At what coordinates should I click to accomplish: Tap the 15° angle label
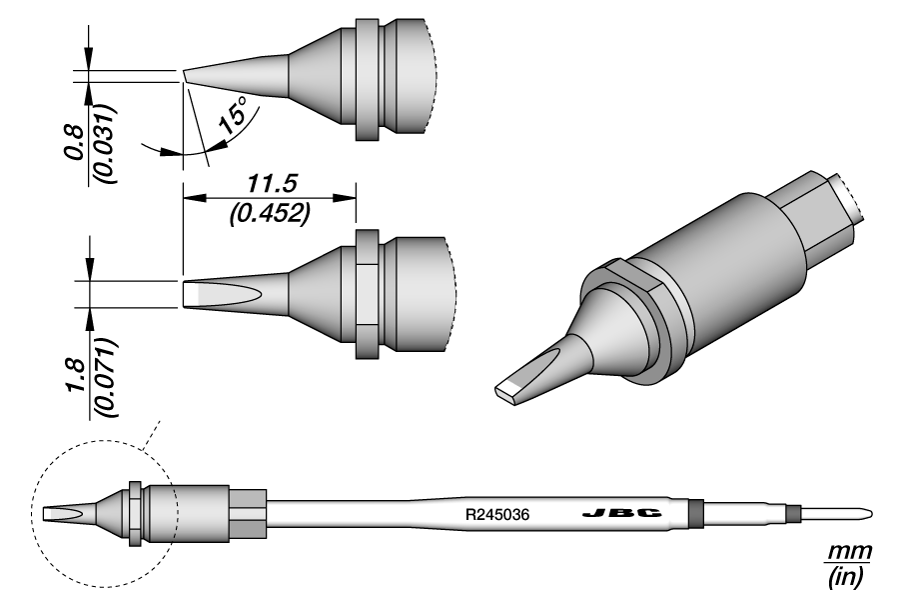[232, 118]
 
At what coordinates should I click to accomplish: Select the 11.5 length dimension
[268, 183]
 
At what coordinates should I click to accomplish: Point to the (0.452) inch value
[268, 211]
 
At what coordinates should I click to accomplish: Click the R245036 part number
[496, 515]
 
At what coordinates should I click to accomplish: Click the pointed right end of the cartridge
[867, 515]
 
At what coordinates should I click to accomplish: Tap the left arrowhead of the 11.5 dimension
[189, 197]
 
